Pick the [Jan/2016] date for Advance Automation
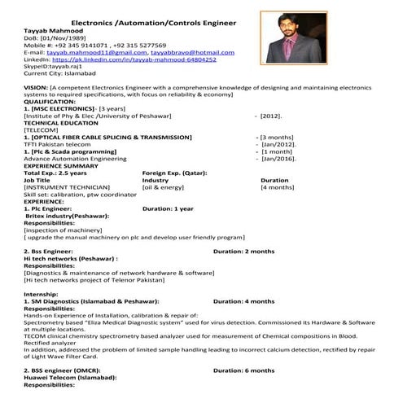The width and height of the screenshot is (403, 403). [x=278, y=159]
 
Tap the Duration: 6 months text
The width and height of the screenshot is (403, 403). [x=243, y=370]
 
